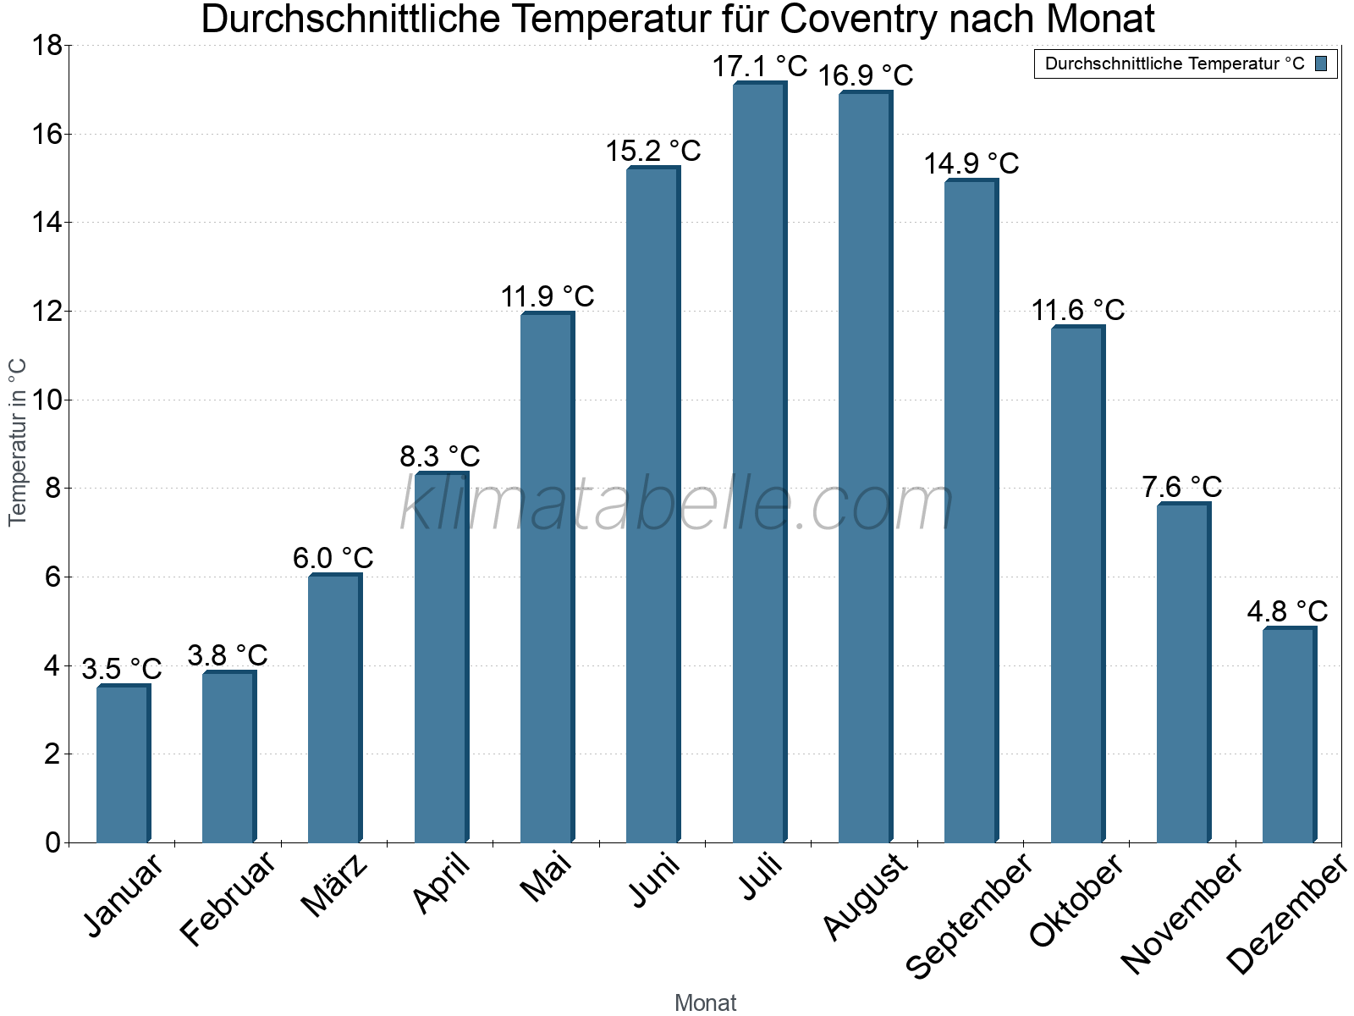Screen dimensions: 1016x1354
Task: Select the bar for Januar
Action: click(123, 764)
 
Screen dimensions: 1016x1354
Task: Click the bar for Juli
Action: click(759, 463)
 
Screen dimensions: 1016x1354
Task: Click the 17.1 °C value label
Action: click(759, 66)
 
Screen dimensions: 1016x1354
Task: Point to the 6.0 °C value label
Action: click(333, 559)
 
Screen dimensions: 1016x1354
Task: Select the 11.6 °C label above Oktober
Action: click(1077, 311)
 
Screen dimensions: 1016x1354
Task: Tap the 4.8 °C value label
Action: click(1287, 611)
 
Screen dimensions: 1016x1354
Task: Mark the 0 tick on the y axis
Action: click(52, 842)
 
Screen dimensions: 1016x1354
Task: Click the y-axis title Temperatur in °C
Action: click(18, 442)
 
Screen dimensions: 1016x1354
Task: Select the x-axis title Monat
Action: click(705, 1002)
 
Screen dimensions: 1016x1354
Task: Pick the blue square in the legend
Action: click(1322, 63)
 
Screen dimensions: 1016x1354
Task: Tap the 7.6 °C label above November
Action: click(1182, 488)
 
